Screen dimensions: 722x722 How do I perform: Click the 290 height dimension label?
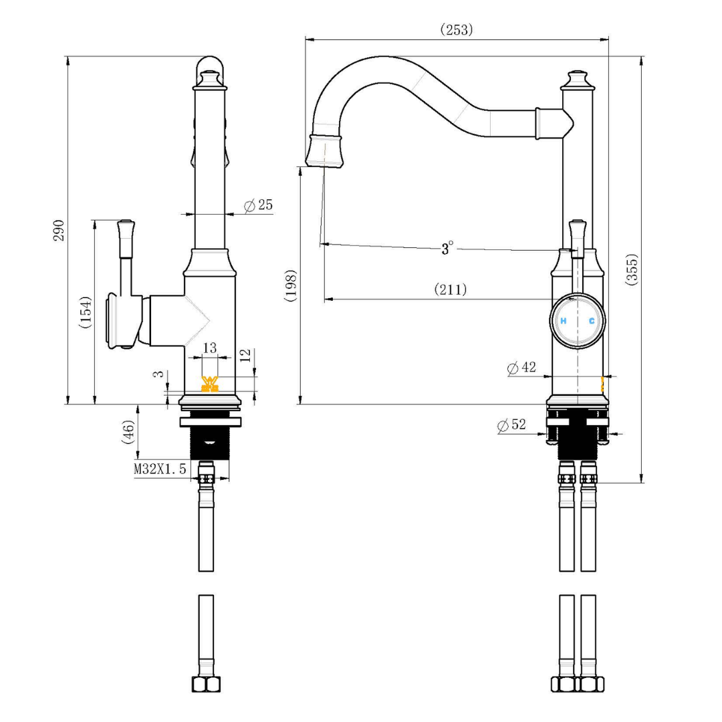click(x=59, y=230)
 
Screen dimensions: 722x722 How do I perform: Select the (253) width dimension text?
click(x=456, y=29)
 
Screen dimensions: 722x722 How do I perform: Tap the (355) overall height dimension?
click(x=632, y=269)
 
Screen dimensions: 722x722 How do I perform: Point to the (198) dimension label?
click(x=290, y=286)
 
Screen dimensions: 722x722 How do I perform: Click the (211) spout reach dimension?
click(x=451, y=289)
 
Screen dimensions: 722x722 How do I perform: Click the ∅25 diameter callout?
click(x=259, y=205)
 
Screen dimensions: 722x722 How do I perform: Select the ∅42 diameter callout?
click(x=521, y=367)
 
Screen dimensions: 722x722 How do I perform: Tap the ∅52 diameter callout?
click(x=512, y=425)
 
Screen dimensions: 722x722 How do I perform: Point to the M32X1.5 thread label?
click(x=160, y=469)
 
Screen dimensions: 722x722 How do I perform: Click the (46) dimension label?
click(x=128, y=431)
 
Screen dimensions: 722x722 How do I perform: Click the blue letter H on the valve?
click(x=563, y=322)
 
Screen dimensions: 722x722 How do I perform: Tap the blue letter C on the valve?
click(x=592, y=322)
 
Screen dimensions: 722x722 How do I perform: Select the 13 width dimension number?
click(x=209, y=348)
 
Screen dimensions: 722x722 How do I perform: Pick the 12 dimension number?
click(x=245, y=354)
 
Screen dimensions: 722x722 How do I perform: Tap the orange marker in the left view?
click(x=210, y=384)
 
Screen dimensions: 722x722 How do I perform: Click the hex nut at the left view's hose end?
click(x=206, y=685)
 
